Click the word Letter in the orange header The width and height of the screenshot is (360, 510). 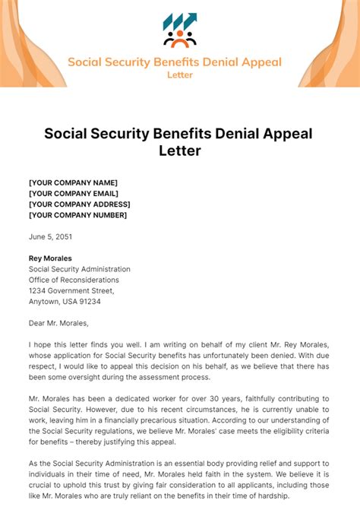tap(179, 74)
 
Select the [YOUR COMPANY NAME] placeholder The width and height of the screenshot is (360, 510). tap(73, 182)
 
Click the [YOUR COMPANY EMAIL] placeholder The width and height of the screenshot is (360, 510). tap(74, 193)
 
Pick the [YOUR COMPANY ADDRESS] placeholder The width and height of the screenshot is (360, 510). tap(79, 204)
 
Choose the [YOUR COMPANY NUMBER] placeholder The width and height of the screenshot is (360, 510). tap(77, 214)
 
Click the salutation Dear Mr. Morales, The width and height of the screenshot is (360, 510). tap(64, 322)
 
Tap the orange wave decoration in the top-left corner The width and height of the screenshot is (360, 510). tap(23, 38)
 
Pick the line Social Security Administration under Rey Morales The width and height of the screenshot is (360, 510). tap(79, 268)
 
